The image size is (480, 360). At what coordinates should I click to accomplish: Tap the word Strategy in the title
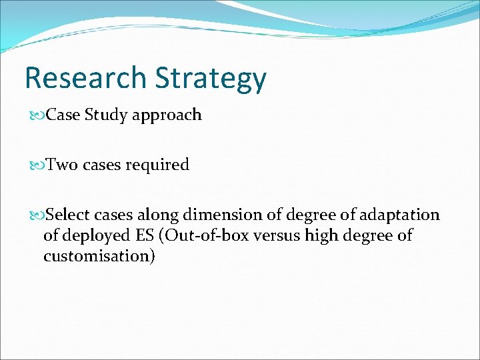[x=211, y=80]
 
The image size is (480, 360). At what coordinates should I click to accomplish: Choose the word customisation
[x=99, y=257]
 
